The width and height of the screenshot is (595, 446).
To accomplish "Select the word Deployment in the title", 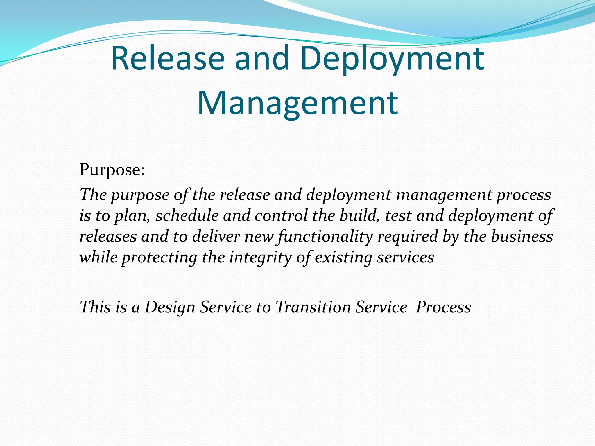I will [x=393, y=59].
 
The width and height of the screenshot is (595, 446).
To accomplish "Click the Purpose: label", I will [x=112, y=170].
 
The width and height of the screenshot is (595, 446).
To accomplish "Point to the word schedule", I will [x=187, y=215].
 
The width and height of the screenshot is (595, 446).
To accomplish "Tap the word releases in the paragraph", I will [x=108, y=236].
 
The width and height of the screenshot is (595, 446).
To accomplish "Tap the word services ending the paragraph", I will [x=405, y=257].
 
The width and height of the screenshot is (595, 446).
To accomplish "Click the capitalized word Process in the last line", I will [x=443, y=307].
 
